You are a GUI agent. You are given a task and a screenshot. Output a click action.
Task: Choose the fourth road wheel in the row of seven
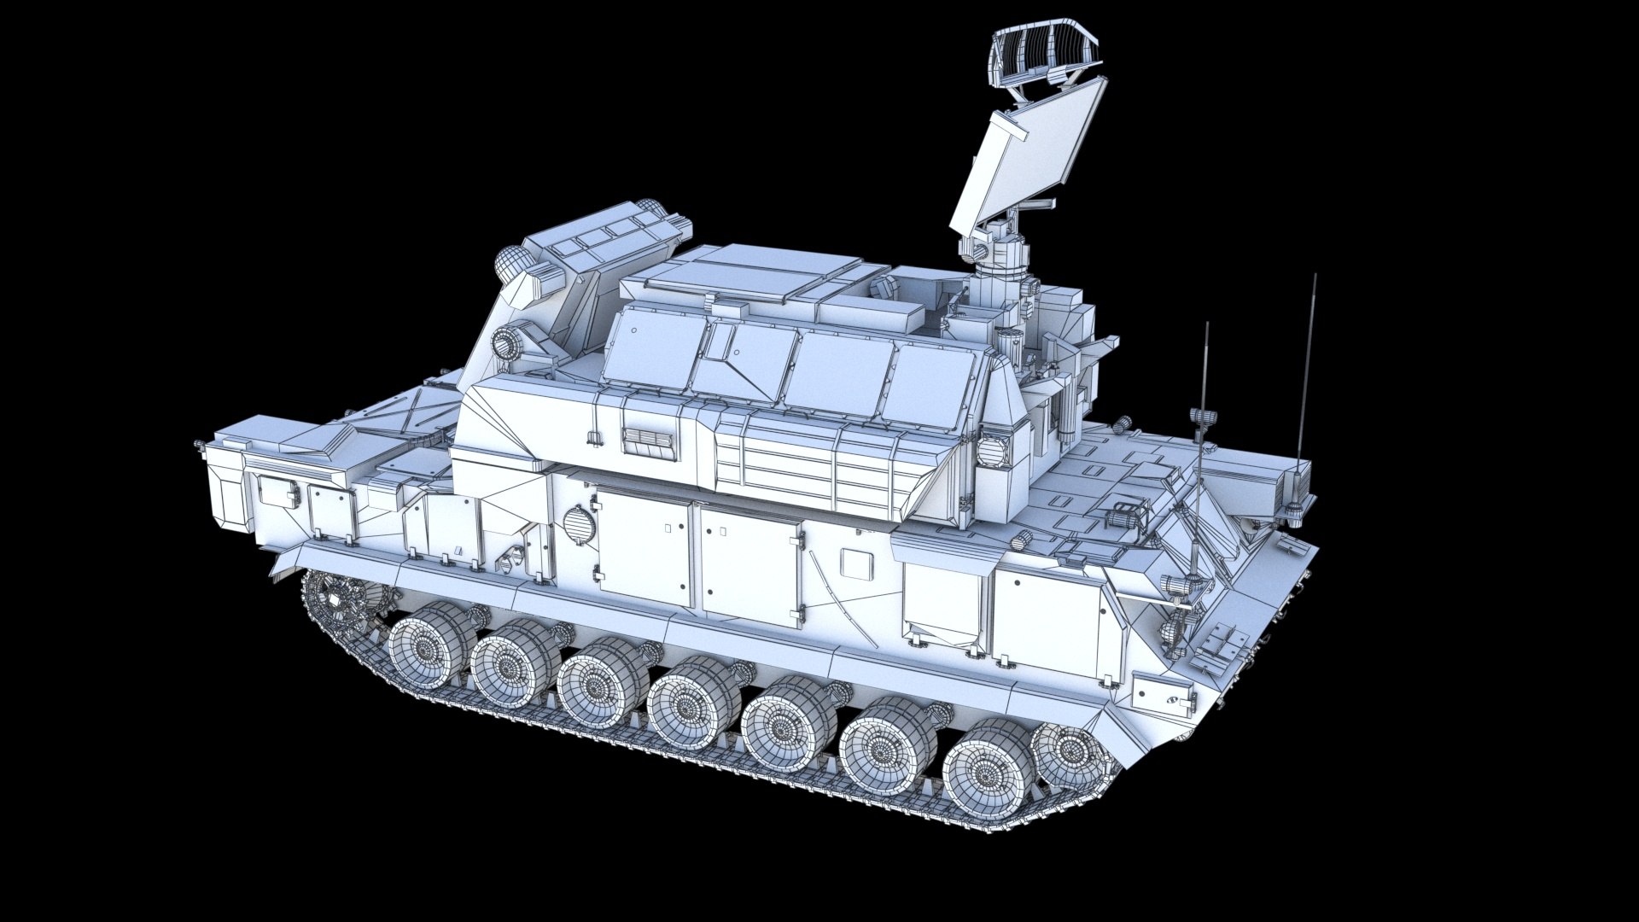(x=687, y=705)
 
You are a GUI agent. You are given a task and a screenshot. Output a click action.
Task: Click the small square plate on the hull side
(x=854, y=562)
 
